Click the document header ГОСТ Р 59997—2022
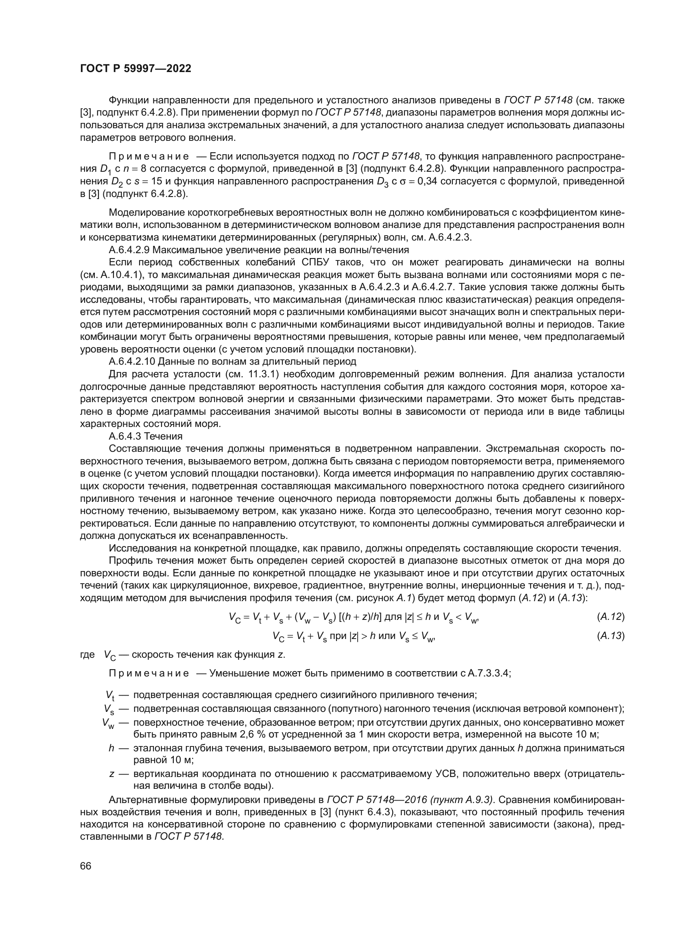pyautogui.click(x=135, y=69)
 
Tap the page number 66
pyautogui.click(x=85, y=866)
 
